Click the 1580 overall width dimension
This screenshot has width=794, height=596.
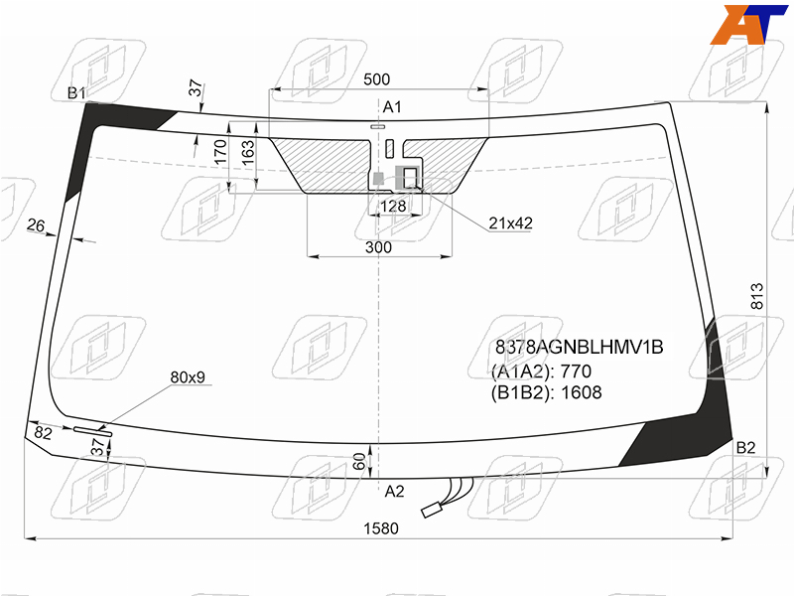point(381,528)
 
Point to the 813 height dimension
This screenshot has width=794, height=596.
point(756,296)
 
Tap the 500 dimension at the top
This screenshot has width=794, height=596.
point(377,79)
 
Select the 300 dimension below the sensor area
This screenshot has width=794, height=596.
point(378,247)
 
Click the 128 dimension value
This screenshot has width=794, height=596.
point(393,206)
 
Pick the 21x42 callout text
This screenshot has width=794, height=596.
point(510,223)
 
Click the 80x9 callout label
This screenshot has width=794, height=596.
point(188,377)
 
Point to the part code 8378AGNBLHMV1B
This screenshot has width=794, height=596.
point(579,347)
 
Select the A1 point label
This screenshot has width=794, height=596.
point(392,107)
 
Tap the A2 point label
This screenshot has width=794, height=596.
point(394,491)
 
